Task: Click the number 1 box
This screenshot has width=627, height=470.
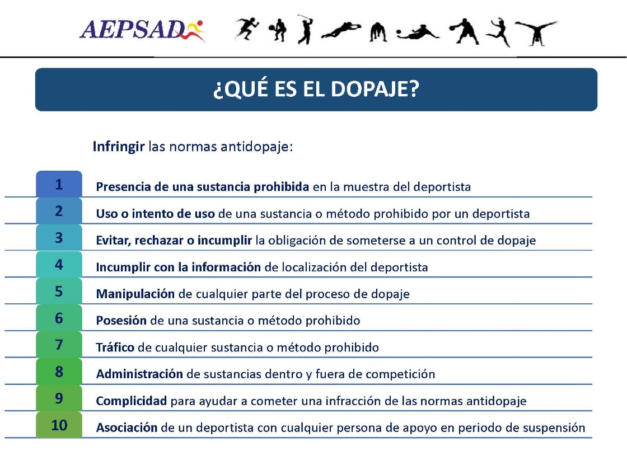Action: (x=59, y=185)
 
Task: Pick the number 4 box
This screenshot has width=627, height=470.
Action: (x=59, y=265)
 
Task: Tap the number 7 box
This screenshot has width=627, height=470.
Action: (x=59, y=345)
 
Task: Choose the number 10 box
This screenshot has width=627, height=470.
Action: (x=59, y=425)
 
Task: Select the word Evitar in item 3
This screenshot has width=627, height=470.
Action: (x=112, y=241)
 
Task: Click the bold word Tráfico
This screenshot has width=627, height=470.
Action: (x=115, y=347)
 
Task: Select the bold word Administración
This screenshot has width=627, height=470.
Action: (x=139, y=374)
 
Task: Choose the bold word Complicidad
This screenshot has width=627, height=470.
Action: (x=132, y=401)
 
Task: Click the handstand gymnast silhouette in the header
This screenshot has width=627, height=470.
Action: (x=536, y=32)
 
